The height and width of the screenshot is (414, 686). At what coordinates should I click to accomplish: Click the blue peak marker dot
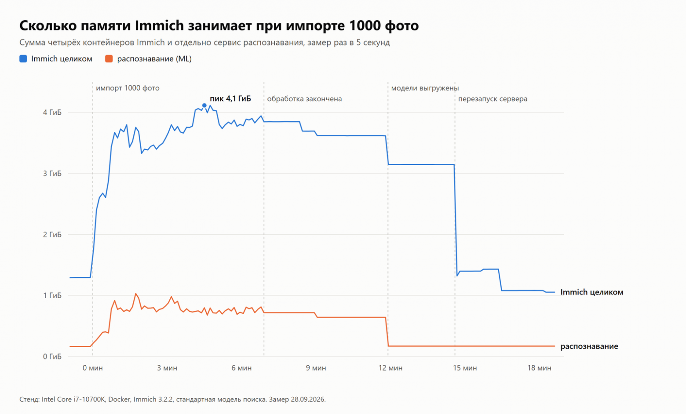(204, 105)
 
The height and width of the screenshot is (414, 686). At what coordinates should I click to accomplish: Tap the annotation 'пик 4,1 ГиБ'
(230, 98)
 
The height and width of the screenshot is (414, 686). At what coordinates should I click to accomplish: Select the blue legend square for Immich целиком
(23, 59)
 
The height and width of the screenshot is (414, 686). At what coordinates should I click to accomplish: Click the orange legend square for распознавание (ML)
(109, 59)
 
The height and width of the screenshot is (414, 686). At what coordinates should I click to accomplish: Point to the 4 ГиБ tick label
(52, 113)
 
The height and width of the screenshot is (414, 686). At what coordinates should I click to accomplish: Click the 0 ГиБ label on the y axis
(52, 356)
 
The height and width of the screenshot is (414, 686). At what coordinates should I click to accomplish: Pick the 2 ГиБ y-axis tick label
(52, 235)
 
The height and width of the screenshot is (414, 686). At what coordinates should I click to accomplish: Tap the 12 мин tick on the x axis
(390, 368)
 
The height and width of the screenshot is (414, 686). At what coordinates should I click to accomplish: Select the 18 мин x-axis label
(539, 368)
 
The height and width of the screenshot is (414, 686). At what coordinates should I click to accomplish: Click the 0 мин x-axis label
(92, 368)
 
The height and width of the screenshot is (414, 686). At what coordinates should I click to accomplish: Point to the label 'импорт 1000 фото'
(128, 88)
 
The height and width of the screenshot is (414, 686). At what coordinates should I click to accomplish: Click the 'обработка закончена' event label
(304, 99)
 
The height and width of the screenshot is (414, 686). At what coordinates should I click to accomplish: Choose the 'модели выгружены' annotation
(425, 88)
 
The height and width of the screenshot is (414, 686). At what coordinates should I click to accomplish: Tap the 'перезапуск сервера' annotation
(493, 99)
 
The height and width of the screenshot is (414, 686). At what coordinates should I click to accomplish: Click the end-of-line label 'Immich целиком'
(592, 292)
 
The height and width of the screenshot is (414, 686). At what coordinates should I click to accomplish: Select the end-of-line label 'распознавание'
(589, 346)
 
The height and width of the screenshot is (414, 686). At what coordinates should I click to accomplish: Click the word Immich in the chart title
(159, 25)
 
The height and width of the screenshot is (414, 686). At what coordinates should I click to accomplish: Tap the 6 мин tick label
(241, 368)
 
